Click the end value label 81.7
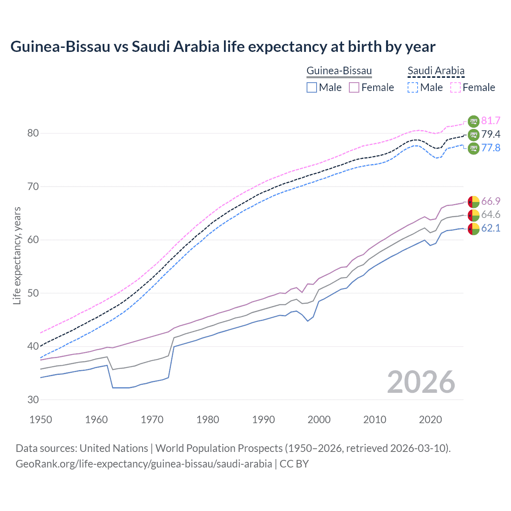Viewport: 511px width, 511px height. (x=491, y=121)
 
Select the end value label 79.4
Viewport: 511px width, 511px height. (x=491, y=134)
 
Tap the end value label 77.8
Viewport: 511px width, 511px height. (x=491, y=148)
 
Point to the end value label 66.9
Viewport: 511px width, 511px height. (x=491, y=201)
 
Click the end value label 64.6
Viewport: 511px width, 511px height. (x=491, y=215)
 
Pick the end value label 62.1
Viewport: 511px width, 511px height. (x=491, y=228)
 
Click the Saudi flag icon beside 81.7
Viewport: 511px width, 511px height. (x=473, y=121)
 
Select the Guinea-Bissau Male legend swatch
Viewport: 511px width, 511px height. (x=312, y=87)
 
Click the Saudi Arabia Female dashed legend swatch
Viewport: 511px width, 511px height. (x=456, y=87)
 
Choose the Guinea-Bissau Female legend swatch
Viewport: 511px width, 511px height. (x=354, y=87)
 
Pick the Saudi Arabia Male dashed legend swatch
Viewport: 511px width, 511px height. (x=413, y=87)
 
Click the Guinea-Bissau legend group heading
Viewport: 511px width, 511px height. (x=339, y=71)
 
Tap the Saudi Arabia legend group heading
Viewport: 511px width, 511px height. (x=436, y=71)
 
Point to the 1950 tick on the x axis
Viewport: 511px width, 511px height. (x=41, y=420)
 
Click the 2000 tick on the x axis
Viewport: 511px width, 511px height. (x=319, y=420)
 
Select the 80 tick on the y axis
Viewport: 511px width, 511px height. (x=33, y=133)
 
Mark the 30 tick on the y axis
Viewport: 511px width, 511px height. (x=33, y=400)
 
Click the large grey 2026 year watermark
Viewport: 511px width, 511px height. (x=421, y=382)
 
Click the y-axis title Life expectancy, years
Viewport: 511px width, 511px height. (x=17, y=255)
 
